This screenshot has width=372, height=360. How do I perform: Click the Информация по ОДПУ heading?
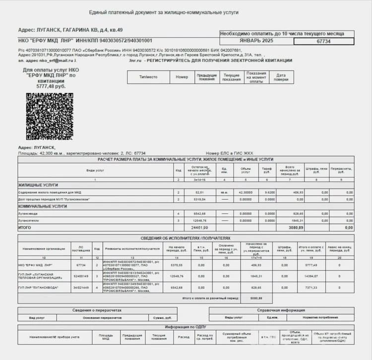point(186,327)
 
